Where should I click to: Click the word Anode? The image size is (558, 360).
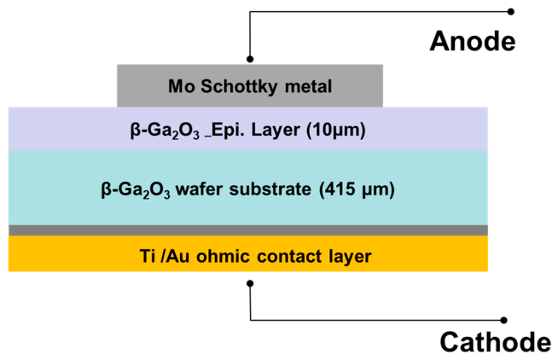pos(473,41)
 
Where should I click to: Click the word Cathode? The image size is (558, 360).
pos(496,342)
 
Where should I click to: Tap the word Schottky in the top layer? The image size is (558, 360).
pos(239,87)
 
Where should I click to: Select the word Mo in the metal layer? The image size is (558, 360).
pos(182,86)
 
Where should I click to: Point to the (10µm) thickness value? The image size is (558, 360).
pos(336,131)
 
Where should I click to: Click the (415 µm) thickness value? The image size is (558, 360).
pos(357,189)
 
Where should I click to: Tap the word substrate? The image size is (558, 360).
pos(270,189)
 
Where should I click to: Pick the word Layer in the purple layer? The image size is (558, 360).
pos(276,131)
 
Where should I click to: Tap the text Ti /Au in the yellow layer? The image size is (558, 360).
pos(165,256)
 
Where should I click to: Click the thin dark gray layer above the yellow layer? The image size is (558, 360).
pos(248,230)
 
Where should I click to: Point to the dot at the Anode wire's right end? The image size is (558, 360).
pos(511,12)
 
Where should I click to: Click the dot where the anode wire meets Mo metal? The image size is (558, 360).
pos(250,59)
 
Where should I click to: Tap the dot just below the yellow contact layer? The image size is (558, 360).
pos(250,283)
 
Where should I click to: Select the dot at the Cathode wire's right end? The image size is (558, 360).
pos(503,320)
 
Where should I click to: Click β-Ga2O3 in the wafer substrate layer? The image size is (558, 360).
pos(136,189)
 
